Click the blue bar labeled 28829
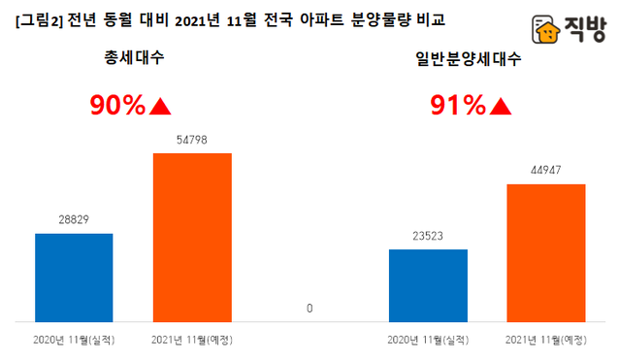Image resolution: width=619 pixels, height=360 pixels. click(74, 278)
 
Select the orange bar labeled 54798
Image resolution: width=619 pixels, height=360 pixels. click(192, 237)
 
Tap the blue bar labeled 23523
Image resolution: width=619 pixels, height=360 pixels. click(428, 285)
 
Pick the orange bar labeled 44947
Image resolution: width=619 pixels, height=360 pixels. click(546, 252)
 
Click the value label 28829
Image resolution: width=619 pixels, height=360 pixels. click(74, 220)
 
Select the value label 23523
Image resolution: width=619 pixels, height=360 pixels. click(428, 236)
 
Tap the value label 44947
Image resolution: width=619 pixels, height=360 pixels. click(546, 171)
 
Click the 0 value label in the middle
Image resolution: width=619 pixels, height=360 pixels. click(309, 309)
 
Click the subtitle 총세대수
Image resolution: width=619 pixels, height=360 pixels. click(134, 58)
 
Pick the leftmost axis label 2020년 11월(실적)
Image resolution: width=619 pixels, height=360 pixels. click(74, 340)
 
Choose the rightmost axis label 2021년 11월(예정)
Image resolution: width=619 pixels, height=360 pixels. click(546, 340)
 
